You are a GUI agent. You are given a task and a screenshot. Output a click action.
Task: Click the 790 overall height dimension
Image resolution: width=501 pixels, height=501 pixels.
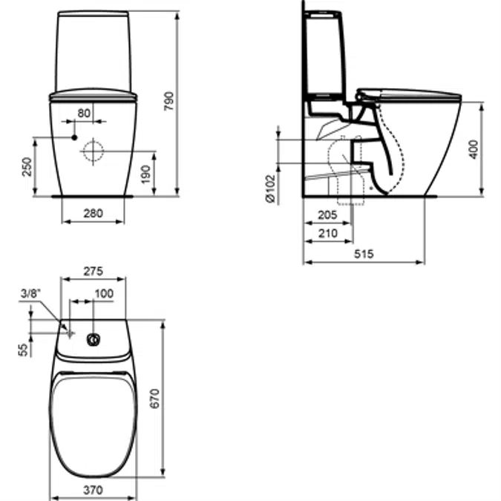point(168,101)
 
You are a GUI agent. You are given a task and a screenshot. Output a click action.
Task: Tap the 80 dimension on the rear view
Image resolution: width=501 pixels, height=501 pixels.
point(84,113)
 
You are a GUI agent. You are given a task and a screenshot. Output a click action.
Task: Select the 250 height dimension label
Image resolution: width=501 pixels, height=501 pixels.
point(27,167)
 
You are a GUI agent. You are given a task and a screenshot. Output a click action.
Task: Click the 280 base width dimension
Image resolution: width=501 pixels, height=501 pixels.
point(92,214)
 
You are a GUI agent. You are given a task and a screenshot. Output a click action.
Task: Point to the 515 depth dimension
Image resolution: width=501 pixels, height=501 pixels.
point(363,253)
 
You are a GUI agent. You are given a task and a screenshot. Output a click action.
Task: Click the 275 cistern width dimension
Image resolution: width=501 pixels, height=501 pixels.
point(92,272)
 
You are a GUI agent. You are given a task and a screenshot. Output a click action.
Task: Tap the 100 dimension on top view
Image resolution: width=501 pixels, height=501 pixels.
point(104,294)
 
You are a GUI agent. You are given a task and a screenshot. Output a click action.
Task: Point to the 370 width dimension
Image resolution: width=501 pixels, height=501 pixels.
point(93,469)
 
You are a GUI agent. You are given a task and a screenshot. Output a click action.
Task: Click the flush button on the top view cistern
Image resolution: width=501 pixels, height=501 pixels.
point(94,341)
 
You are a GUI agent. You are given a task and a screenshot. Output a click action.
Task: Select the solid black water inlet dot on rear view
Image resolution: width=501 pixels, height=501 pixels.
point(74,137)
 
